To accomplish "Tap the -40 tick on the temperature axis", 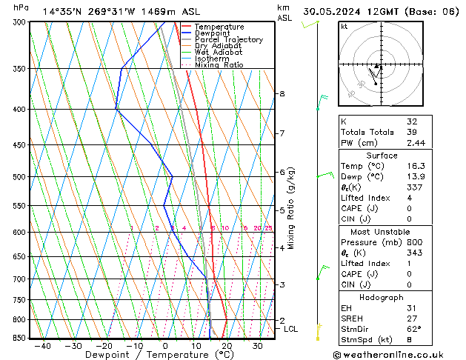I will (x=42, y=346).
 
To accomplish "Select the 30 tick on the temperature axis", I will (x=257, y=346).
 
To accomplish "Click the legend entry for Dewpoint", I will (x=211, y=33).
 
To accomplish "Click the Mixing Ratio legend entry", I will (x=219, y=65).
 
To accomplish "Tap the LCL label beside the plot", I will (x=290, y=329).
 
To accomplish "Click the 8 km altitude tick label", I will (x=282, y=94).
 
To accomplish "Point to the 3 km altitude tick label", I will (x=282, y=284).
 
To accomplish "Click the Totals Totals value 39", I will (x=413, y=132).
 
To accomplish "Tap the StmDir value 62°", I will (x=414, y=330).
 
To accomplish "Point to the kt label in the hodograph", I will (x=344, y=27).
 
